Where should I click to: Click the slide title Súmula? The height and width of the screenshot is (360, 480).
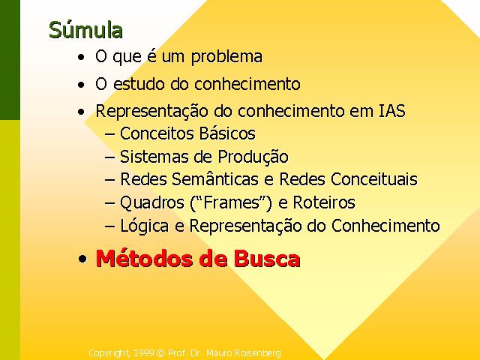[85, 30]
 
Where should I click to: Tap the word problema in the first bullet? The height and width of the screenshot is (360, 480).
[226, 57]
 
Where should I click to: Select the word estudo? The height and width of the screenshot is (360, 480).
[139, 84]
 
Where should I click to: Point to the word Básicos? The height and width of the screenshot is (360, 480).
[226, 133]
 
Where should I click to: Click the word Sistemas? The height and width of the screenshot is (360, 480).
[153, 157]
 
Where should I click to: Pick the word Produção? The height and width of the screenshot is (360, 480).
[253, 157]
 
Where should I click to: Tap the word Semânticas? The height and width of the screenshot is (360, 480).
[214, 178]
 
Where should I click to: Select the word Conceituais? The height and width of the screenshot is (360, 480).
[373, 179]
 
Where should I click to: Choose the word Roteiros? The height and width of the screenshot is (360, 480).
[324, 202]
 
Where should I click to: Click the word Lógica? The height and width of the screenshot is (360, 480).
[144, 226]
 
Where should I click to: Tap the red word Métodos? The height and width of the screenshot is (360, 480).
[145, 259]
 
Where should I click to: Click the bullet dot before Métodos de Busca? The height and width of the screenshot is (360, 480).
[82, 259]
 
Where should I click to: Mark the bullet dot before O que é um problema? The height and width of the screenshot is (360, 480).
[81, 58]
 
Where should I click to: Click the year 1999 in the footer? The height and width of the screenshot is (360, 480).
[144, 353]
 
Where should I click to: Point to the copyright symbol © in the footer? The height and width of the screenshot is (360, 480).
[160, 353]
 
